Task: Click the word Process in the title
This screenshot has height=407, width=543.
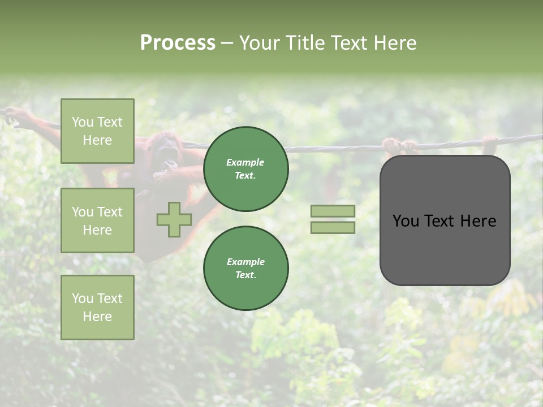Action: [178, 43]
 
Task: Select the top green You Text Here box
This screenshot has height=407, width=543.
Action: [97, 131]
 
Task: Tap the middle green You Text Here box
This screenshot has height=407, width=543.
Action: [97, 220]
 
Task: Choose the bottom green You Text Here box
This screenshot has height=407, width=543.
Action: [97, 308]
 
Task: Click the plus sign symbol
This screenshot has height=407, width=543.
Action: [174, 220]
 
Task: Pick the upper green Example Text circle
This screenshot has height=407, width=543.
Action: [246, 169]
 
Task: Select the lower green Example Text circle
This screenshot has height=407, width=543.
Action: [246, 269]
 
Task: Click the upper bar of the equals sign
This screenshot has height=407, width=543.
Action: [333, 211]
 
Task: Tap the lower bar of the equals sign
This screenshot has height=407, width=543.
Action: [333, 228]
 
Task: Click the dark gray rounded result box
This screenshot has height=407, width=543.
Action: [445, 220]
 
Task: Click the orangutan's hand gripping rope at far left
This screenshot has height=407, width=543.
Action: [17, 118]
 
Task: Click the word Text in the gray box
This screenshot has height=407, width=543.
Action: [443, 221]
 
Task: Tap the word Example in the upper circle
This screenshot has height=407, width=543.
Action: [245, 162]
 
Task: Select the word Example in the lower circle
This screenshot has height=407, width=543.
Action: [245, 262]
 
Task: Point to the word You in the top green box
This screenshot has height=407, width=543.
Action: [83, 122]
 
